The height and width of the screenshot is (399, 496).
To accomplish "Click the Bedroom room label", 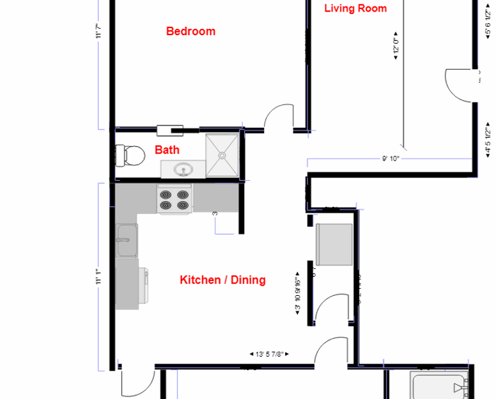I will (x=190, y=31).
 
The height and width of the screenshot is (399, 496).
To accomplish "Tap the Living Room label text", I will (x=355, y=8).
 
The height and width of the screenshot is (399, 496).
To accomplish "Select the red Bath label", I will (x=167, y=150).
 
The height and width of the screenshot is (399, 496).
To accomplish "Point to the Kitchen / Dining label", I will (x=222, y=280).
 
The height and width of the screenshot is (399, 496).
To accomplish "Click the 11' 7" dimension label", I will (x=98, y=31).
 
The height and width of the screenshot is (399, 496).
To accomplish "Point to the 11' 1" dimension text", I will (x=98, y=278).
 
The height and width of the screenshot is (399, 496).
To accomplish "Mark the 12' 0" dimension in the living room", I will (x=395, y=46).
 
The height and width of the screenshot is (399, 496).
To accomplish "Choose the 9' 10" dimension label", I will (x=390, y=159).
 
